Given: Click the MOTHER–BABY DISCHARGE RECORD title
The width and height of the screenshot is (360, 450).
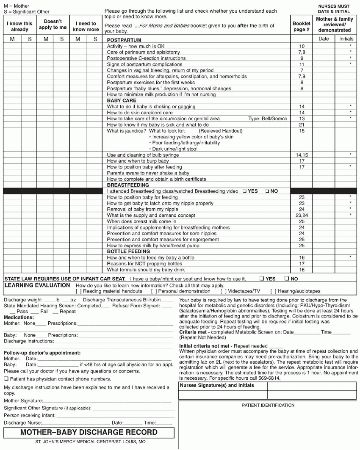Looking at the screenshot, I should [x=89, y=432].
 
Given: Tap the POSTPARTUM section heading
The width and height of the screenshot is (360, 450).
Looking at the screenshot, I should [x=124, y=40].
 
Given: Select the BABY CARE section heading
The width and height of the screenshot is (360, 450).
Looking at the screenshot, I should [x=122, y=101].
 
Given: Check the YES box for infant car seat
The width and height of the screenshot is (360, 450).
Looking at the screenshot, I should [x=263, y=279].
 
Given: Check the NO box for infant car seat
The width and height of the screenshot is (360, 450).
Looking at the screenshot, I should [x=287, y=279].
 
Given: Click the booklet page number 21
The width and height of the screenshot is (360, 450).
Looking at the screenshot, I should [x=302, y=125].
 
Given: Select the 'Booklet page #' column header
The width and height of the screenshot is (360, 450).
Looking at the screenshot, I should [x=302, y=27].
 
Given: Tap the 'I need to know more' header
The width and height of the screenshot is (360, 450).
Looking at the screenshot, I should [x=86, y=27].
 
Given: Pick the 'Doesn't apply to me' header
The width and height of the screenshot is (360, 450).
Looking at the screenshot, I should [x=53, y=24].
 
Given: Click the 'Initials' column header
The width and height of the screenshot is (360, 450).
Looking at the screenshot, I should [x=346, y=39].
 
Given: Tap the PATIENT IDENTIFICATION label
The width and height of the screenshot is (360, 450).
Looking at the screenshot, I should [x=269, y=405].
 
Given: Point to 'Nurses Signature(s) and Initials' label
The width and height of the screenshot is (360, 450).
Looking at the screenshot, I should [x=217, y=386].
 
